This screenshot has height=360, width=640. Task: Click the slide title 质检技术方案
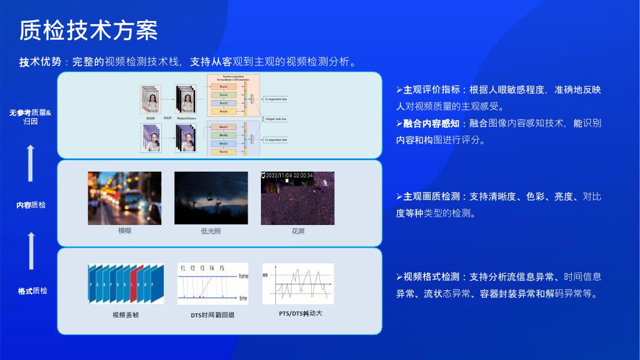pos(89,30)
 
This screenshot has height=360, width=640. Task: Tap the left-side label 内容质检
pos(31,205)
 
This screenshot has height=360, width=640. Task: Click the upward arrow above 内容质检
pos(31,163)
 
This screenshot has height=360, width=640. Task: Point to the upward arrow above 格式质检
pos(31,251)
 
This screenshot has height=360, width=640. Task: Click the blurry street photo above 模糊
pos(125,198)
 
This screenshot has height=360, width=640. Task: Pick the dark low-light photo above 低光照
pos(211,198)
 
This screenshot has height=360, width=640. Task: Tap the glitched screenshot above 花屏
pos(298,198)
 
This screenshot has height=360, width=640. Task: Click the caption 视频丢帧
pos(125,314)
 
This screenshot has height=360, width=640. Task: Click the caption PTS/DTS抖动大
pos(301,313)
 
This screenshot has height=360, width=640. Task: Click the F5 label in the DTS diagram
pos(221,268)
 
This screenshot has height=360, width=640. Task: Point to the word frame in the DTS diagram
pos(243,276)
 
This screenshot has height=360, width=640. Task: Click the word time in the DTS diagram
pos(243,298)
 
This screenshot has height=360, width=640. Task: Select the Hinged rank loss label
pos(275,119)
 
